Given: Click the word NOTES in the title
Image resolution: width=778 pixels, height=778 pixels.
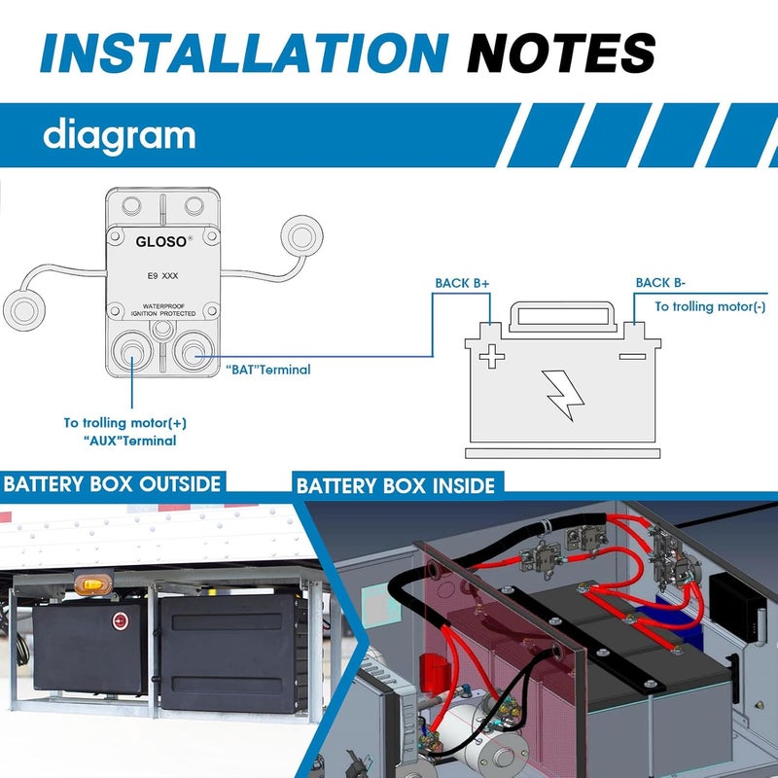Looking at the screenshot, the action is tap(562, 53).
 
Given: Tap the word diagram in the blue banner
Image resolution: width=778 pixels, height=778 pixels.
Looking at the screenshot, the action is tap(119, 135).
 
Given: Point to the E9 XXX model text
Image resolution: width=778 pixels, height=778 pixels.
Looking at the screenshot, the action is tap(162, 276).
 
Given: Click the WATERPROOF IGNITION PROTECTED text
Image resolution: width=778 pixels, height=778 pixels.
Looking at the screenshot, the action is tap(163, 310).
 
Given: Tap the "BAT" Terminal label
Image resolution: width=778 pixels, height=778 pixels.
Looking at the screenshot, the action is tap(268, 370).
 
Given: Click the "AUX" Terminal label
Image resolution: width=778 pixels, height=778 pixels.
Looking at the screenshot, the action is tap(129, 441).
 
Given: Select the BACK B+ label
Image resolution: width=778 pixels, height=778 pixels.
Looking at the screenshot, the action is tap(462, 283).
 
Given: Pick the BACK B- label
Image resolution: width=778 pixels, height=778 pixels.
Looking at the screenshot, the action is tap(660, 283).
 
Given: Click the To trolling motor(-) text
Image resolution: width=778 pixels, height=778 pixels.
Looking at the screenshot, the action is tap(710, 306).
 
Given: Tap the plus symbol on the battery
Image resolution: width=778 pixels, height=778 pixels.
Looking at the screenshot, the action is tap(492, 356).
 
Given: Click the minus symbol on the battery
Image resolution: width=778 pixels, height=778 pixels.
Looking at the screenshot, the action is tap(633, 356).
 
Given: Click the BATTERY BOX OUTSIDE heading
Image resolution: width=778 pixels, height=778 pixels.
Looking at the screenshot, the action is tap(112, 483).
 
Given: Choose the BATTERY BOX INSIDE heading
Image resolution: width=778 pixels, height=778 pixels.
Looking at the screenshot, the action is tap(396, 485).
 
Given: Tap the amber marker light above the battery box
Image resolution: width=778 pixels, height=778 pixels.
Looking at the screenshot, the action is tap(92, 584).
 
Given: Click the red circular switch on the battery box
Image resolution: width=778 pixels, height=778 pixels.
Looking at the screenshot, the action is tap(120, 620).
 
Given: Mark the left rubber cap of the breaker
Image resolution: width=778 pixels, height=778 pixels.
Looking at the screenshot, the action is tap(24, 311).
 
